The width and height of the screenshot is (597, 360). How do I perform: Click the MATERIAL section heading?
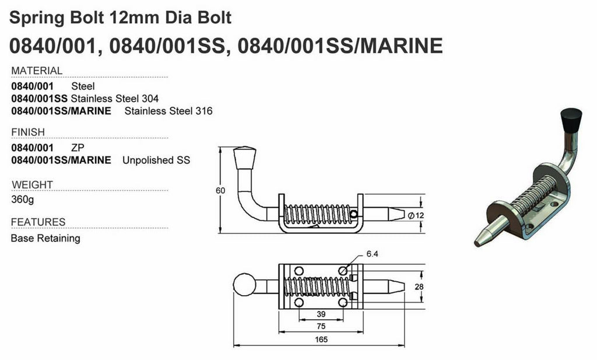click(37, 71)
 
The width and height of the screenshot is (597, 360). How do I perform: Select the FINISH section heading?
click(28, 132)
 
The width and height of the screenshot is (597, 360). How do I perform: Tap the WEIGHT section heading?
click(32, 185)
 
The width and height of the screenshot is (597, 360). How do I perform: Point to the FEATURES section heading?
click(38, 222)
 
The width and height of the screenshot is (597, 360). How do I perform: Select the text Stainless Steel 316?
click(168, 111)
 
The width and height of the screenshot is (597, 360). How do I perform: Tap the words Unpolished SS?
click(156, 160)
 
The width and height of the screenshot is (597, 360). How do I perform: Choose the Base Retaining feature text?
click(45, 238)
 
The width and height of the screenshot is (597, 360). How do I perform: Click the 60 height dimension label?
click(220, 190)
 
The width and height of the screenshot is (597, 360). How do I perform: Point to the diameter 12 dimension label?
click(416, 215)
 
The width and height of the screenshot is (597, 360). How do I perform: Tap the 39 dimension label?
click(320, 314)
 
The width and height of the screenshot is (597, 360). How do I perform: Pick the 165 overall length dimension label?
click(320, 340)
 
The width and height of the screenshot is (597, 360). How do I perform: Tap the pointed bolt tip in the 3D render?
click(482, 238)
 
